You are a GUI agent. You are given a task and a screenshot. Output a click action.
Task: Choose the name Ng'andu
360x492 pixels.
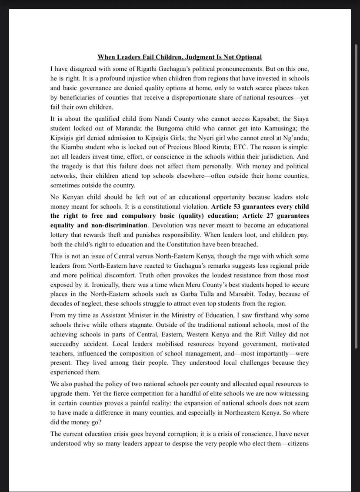click(x=297, y=138)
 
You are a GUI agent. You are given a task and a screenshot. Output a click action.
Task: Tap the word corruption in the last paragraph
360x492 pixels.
click(x=196, y=434)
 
